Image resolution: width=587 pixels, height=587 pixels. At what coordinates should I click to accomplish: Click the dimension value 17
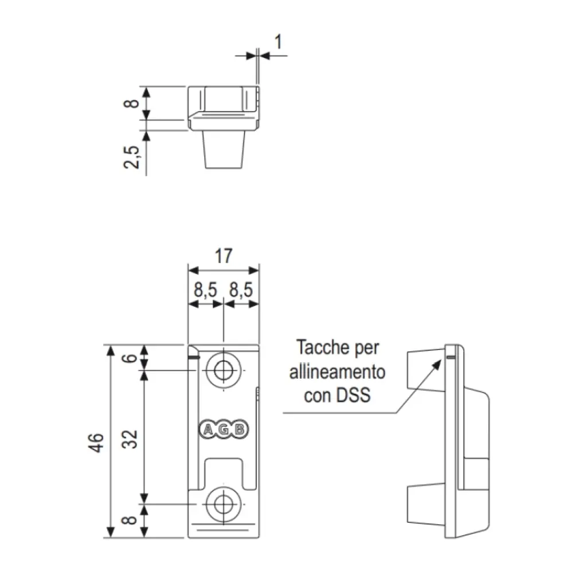(x=224, y=256)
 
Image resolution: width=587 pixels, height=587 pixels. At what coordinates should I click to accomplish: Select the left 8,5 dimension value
(x=205, y=291)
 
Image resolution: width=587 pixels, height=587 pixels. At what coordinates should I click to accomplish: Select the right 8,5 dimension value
(x=241, y=291)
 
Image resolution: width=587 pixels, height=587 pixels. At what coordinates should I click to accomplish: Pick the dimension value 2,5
(x=133, y=156)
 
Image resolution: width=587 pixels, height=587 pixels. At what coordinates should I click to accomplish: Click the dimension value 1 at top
(x=278, y=42)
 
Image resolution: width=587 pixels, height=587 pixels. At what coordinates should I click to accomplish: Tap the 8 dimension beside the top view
(x=132, y=104)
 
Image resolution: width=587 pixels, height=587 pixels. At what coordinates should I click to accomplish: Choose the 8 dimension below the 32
(x=132, y=521)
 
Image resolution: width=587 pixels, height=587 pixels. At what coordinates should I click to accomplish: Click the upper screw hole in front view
(x=224, y=370)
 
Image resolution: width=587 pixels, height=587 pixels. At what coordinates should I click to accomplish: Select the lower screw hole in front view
(x=224, y=504)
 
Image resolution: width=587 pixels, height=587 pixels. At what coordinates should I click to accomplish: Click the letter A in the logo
(x=208, y=429)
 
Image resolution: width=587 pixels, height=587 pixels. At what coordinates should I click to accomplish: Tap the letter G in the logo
(x=224, y=429)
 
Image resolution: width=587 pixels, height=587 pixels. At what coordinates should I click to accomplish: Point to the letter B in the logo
(x=240, y=429)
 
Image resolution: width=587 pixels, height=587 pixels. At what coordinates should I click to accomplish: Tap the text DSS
(x=354, y=396)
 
